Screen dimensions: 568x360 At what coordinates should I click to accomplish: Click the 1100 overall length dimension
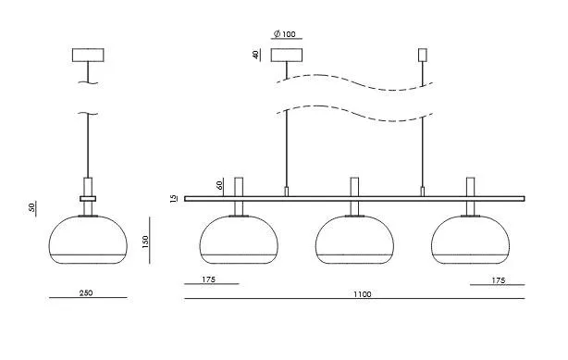pos(363,294)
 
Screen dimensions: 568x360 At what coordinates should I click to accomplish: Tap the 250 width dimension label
pos(86,292)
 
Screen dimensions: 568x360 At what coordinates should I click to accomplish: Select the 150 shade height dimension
pos(145,242)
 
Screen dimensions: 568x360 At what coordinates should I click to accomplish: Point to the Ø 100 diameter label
pos(285,34)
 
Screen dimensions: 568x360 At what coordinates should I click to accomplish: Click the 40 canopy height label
pos(255,55)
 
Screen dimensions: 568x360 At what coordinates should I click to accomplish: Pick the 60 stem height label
pos(219,185)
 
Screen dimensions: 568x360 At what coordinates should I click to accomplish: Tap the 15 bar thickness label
pos(174,198)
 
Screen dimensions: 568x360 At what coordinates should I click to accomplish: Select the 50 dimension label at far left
pos(31,207)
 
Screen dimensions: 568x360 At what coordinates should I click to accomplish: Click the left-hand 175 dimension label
pos(209,279)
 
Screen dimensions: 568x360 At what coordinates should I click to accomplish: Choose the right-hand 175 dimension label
pos(499,280)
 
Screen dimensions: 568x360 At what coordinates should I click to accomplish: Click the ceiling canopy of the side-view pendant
pos(88,56)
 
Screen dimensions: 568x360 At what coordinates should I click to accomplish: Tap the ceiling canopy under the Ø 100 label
pos(287,56)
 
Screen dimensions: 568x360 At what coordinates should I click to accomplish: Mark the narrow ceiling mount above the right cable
pos(423,56)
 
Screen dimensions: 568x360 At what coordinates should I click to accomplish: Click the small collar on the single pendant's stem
pos(88,199)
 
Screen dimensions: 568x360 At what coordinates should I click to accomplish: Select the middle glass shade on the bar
pos(354,240)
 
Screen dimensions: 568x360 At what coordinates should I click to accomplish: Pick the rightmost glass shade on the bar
pos(470,240)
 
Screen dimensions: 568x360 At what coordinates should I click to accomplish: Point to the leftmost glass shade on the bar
pos(239,240)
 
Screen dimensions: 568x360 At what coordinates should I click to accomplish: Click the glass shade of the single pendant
pos(88,240)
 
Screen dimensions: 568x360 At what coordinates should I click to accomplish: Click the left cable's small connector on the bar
pos(287,192)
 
